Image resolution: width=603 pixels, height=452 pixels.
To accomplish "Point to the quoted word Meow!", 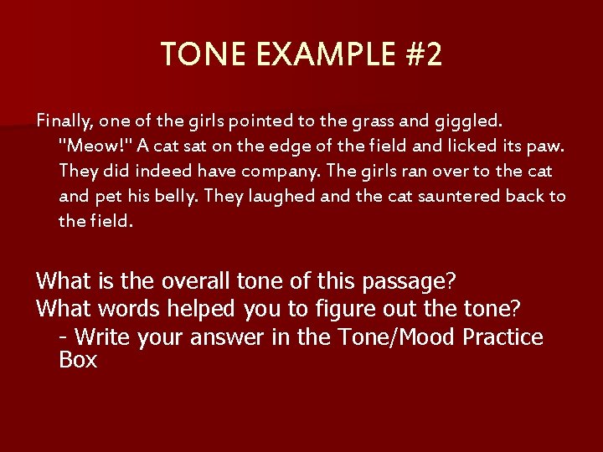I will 95,146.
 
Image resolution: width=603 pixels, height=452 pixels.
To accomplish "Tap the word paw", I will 548,146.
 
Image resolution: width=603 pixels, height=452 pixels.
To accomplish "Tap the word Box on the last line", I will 78,361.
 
